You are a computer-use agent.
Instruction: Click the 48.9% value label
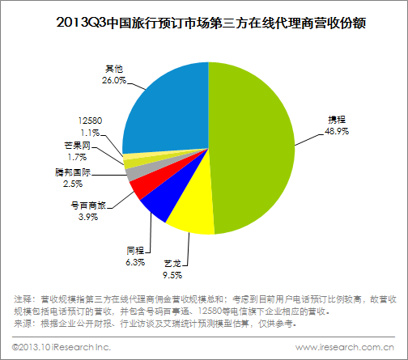(337, 131)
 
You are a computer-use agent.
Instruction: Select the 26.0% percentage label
(114, 80)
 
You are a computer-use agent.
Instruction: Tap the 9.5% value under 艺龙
(172, 275)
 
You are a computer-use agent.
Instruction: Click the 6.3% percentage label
(135, 262)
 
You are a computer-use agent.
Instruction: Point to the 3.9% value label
(88, 217)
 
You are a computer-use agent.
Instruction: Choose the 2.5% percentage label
(73, 184)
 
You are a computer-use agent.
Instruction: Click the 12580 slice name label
(90, 121)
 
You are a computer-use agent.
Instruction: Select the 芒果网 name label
(77, 146)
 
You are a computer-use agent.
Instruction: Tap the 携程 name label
(337, 120)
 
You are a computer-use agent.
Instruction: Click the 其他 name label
(114, 69)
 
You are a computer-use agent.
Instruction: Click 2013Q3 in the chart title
(81, 23)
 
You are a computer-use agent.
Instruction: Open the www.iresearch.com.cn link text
(345, 347)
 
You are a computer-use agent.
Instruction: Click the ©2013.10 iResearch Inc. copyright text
(62, 347)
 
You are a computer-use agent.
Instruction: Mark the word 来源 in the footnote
(23, 324)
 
